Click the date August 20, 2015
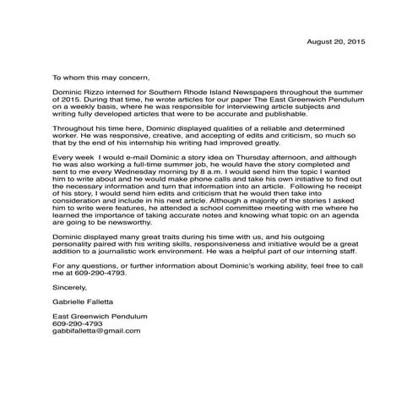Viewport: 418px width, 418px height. [336, 41]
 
